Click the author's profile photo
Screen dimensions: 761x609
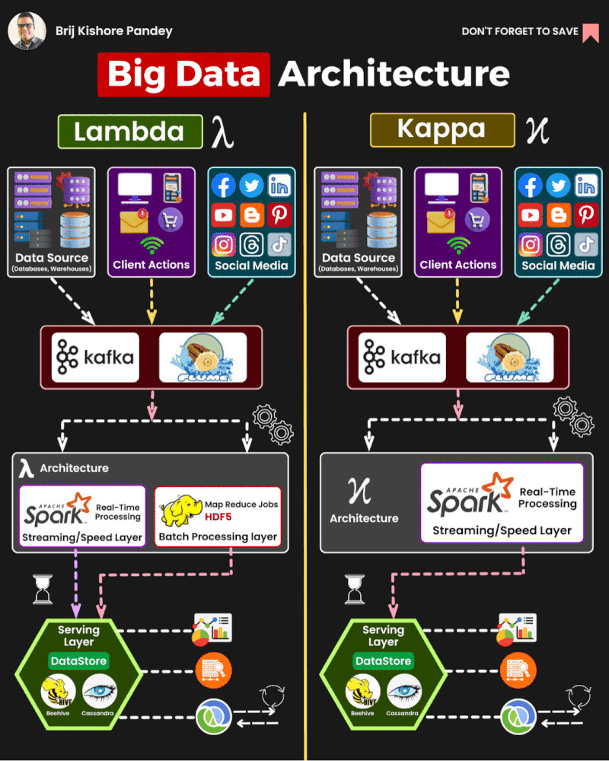point(26,31)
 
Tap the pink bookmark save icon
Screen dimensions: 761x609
point(591,32)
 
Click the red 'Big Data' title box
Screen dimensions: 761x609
point(183,74)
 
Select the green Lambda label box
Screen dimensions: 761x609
point(129,132)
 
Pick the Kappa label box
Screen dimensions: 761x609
point(442,129)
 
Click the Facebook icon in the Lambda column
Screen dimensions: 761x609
point(223,186)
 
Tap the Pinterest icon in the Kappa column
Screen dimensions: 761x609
point(586,215)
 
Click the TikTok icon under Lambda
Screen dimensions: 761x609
point(279,244)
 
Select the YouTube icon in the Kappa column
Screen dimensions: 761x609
point(530,215)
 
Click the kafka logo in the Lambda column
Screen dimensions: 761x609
point(96,356)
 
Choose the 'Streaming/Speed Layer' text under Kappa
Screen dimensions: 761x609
point(501,531)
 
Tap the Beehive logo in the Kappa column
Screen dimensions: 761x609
point(362,692)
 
